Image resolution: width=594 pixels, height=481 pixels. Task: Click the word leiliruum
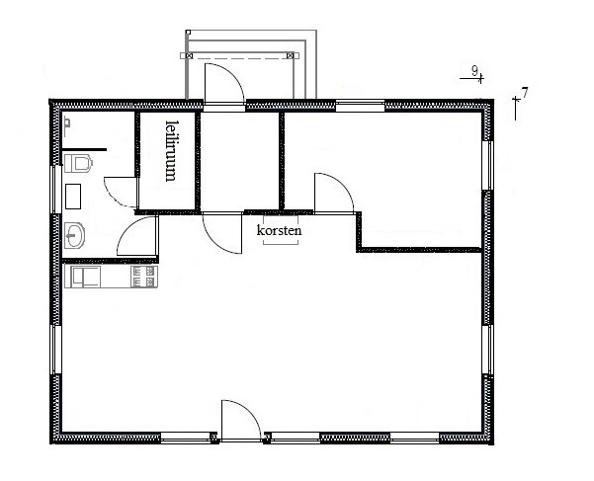[x=171, y=150]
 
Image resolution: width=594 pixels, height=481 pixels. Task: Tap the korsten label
[x=279, y=230]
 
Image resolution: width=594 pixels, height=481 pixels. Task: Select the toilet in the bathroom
[x=78, y=163]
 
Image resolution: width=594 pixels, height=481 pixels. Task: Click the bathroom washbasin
[x=74, y=235]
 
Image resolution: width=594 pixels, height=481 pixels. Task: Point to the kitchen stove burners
[x=144, y=277]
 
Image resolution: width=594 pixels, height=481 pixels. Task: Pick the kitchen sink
[x=83, y=277]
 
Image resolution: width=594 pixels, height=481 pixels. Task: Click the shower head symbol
[x=67, y=126]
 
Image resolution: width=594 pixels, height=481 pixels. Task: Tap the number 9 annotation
[x=474, y=70]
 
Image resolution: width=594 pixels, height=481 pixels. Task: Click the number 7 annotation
[x=525, y=92]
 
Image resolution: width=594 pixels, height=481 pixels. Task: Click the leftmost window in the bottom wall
[x=186, y=438]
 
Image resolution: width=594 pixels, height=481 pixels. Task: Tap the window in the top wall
[x=361, y=106]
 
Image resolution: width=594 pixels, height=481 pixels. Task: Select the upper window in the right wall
[x=487, y=165]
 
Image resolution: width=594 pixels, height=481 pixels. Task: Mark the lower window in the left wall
[x=56, y=350]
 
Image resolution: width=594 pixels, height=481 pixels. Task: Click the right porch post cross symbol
[x=291, y=55]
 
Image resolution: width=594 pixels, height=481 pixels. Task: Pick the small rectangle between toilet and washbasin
[x=73, y=197]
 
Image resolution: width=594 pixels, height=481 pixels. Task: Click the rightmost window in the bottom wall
[x=414, y=438]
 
